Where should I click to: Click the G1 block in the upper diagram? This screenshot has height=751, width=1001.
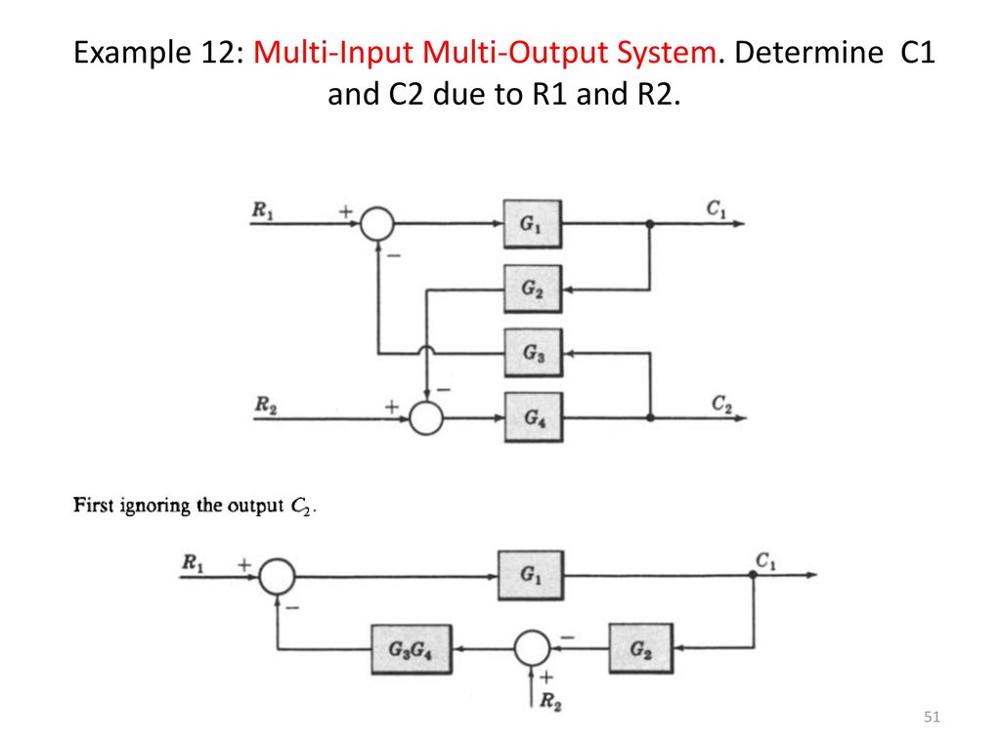pos(533,224)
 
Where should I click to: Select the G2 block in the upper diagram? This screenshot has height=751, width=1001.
pos(533,289)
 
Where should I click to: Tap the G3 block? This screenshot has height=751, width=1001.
pos(533,352)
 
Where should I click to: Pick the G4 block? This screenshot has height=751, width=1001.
pos(533,418)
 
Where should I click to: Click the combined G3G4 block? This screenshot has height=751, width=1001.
pos(412,649)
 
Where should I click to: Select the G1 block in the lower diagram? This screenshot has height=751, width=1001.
pos(531,575)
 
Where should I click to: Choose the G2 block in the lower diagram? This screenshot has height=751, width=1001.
pos(641,649)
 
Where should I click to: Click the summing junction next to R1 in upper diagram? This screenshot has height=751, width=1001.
pos(377,224)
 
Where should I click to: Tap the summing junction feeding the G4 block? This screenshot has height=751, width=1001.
pos(426,419)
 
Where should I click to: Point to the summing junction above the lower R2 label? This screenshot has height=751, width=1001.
pos(532,649)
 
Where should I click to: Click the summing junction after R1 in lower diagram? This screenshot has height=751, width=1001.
pos(277,576)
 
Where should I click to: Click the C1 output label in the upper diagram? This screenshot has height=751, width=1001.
pos(716,209)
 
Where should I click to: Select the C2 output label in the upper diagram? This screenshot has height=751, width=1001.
pos(721,404)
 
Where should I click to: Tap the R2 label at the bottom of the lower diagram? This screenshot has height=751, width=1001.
pos(550,702)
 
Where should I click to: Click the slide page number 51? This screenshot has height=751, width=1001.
pos(932,717)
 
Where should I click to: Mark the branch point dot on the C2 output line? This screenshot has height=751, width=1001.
pos(650,418)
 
